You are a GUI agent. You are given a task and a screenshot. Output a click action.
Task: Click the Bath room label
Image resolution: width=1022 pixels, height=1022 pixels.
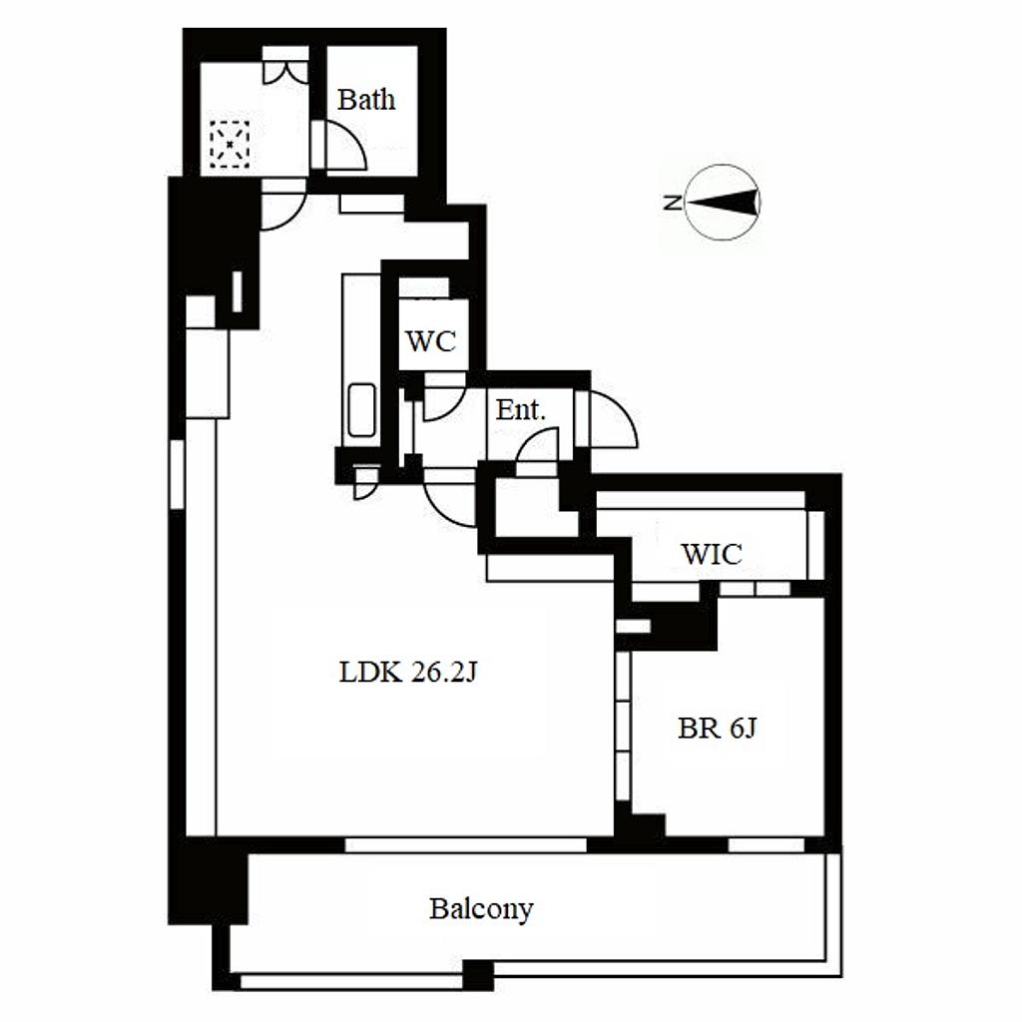pyautogui.click(x=366, y=100)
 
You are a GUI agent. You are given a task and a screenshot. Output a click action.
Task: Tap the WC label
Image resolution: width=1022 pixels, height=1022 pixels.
pyautogui.click(x=430, y=341)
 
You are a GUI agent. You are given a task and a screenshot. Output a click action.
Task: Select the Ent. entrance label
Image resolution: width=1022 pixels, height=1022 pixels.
pyautogui.click(x=520, y=410)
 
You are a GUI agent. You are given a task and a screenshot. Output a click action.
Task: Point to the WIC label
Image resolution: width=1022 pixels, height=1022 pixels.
pyautogui.click(x=711, y=554)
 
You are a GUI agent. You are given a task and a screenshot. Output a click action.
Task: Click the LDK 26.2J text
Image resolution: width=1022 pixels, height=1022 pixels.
pyautogui.click(x=408, y=672)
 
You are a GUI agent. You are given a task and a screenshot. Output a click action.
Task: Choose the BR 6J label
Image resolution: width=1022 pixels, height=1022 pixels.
pyautogui.click(x=717, y=728)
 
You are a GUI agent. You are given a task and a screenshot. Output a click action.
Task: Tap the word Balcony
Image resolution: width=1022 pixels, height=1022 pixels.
pyautogui.click(x=481, y=909)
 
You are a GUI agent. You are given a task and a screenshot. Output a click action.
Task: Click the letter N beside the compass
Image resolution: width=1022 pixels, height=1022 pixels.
pyautogui.click(x=672, y=202)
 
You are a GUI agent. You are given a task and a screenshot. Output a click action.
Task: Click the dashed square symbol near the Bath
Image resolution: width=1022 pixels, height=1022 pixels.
pyautogui.click(x=230, y=144)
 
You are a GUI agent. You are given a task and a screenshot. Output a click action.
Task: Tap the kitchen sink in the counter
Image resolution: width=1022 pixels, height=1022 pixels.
pyautogui.click(x=361, y=410)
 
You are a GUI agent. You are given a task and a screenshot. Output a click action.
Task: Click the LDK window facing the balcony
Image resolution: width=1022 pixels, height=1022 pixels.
pyautogui.click(x=465, y=845)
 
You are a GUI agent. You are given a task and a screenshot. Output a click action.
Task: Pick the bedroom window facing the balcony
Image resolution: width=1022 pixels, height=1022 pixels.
pyautogui.click(x=766, y=845)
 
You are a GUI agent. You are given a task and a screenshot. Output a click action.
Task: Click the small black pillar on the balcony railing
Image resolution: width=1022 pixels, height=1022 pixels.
pyautogui.click(x=478, y=976)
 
